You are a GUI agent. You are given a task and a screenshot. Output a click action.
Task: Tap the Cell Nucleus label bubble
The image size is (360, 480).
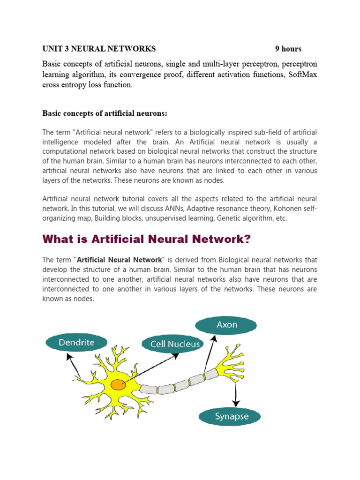tap(175, 344)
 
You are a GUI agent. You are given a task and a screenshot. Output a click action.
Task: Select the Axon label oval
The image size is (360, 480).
tap(226, 325)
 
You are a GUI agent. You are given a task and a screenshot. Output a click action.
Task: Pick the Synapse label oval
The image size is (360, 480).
tap(231, 416)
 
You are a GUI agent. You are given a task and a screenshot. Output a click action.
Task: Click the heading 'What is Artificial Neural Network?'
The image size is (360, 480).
tap(147, 240)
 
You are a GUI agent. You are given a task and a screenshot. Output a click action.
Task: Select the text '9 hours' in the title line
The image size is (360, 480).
tap(288, 49)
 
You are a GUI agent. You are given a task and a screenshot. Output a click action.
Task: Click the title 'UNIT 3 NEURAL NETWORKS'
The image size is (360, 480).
tap(99, 49)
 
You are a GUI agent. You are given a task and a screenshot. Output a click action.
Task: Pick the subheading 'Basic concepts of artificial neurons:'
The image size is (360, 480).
tap(105, 113)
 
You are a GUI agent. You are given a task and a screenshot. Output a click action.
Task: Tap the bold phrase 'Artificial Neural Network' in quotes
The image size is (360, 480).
tap(120, 260)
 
